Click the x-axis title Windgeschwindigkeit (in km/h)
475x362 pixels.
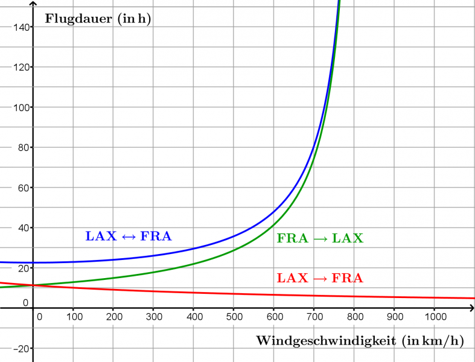360,341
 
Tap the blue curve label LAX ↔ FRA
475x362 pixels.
129,237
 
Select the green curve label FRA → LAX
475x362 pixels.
320,238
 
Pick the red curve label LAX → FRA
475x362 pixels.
320,278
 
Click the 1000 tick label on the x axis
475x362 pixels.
435,316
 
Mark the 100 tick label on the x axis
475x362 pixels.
73,316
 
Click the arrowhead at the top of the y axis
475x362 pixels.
33,5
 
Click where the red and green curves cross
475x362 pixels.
33,285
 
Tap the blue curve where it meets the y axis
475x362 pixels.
33,262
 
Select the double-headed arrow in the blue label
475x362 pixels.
128,237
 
